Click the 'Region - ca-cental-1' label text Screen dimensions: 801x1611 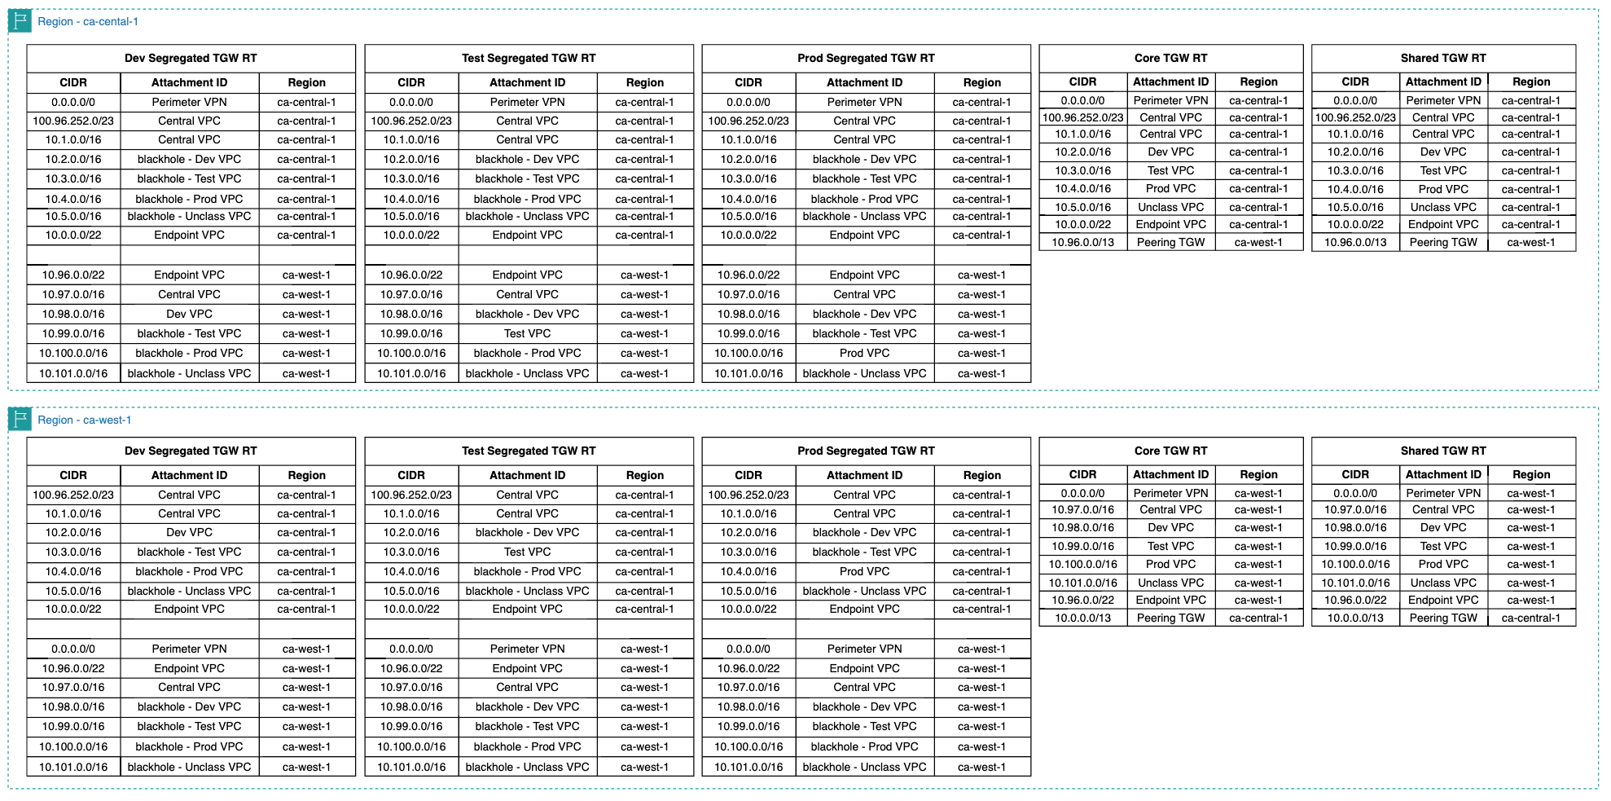tap(87, 21)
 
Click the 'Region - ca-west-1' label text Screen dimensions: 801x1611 tap(84, 420)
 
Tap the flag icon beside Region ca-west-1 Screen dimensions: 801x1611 tap(20, 419)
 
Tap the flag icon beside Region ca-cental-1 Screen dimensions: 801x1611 tap(20, 20)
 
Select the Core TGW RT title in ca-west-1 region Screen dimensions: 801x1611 tap(1170, 451)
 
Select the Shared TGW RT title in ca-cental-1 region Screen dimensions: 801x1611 tap(1442, 58)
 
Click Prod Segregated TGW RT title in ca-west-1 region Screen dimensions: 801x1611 tap(865, 451)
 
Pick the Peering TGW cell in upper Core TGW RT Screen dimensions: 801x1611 tap(1170, 242)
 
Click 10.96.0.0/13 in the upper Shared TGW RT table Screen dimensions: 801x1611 tap(1355, 242)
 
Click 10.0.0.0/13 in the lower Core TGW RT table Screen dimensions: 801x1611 tap(1082, 618)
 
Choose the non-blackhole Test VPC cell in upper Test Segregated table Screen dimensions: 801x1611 tap(527, 333)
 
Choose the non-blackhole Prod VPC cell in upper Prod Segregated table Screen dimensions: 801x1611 tap(864, 353)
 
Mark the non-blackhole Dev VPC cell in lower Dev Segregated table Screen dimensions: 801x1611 tap(189, 532)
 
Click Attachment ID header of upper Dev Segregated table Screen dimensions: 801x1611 tap(189, 82)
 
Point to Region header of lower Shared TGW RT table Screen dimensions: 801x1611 tap(1530, 474)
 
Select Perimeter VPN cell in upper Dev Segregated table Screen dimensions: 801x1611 tap(189, 102)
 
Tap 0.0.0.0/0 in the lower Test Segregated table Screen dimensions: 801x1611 tap(410, 649)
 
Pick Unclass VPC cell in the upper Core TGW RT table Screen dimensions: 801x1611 tap(1170, 207)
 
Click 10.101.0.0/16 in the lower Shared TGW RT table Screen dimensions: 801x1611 tap(1355, 583)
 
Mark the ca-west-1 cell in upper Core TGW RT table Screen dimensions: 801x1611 tap(1258, 242)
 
